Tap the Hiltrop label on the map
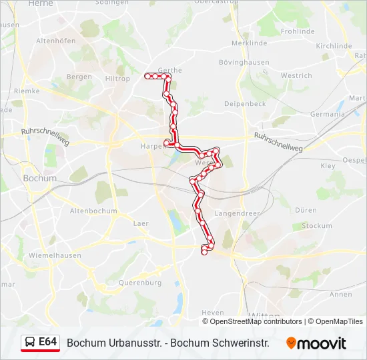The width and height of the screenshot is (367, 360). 117,78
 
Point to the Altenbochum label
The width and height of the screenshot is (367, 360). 93,211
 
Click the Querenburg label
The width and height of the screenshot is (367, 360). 139,283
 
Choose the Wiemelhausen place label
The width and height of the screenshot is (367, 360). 55,255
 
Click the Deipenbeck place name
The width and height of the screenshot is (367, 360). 245,104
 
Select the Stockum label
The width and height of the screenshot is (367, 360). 316,226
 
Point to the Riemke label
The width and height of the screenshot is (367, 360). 27,91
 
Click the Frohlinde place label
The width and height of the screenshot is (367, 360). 298,31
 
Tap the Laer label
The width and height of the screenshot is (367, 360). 140,223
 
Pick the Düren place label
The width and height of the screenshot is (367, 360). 306,210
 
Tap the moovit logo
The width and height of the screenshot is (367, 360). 316,343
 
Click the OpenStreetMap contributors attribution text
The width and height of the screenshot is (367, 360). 256,321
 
